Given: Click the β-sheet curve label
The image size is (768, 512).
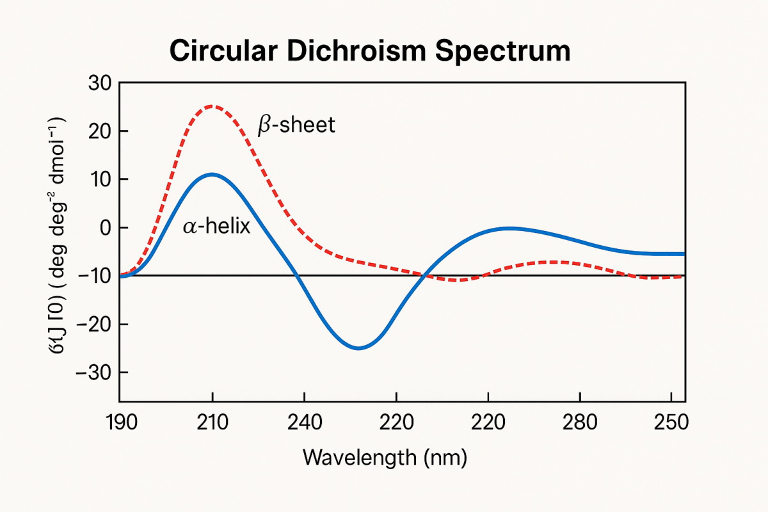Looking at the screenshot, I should coord(296,125).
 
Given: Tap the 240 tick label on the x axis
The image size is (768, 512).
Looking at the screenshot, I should coord(305,422).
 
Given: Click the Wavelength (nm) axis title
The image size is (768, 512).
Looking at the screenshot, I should coord(384,458).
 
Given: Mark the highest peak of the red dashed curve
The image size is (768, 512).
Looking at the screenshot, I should coord(212,106).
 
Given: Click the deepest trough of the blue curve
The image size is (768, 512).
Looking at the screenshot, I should coord(358,348).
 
